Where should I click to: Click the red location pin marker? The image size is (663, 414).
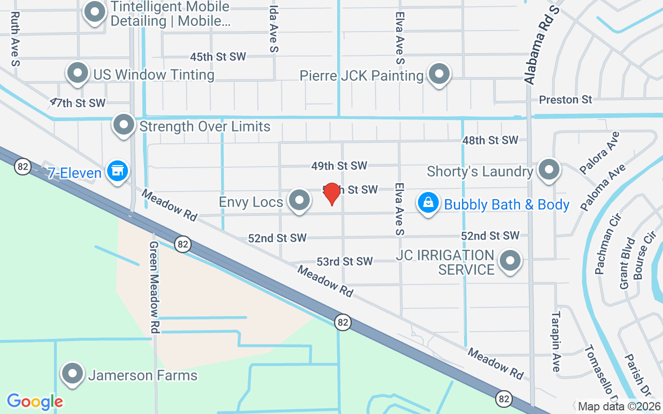tap(331, 194)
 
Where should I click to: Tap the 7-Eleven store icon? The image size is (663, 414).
tap(118, 170)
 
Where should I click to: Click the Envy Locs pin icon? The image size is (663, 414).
tap(299, 200)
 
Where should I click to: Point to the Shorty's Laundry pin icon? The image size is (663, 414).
tap(549, 169)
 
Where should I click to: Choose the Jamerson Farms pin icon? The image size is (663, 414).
tap(73, 373)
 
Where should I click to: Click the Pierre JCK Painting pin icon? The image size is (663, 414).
tap(439, 74)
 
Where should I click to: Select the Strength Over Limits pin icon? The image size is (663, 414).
tap(124, 124)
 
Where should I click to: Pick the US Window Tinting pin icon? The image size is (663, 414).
tap(78, 73)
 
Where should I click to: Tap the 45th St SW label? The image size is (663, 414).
tap(218, 56)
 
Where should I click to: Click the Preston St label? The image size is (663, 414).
tap(565, 99)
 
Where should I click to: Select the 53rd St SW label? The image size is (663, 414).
tap(344, 261)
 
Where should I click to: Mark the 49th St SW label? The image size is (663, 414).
tap(339, 166)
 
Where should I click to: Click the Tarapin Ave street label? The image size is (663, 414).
tap(556, 341)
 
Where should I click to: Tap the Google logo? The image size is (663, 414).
tap(35, 401)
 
